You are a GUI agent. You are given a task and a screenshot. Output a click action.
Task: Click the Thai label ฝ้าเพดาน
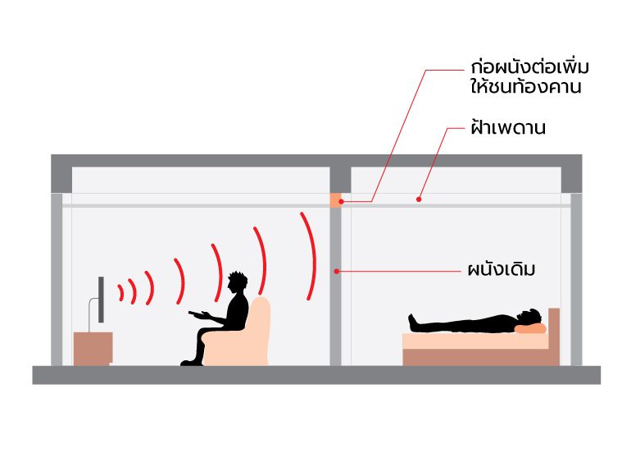pyautogui.click(x=508, y=129)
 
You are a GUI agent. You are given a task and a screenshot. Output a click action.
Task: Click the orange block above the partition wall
pyautogui.click(x=335, y=199)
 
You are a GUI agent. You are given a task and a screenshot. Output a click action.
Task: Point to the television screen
pyautogui.click(x=102, y=300)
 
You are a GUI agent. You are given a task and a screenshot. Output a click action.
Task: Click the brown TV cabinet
pyautogui.click(x=93, y=348)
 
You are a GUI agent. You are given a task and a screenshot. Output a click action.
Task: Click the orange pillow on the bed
pyautogui.click(x=531, y=328)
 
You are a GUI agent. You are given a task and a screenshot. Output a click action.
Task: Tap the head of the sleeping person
pyautogui.click(x=533, y=317)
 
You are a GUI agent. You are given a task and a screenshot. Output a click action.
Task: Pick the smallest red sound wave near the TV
pyautogui.click(x=121, y=291)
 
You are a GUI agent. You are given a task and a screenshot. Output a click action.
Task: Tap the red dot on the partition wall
pyautogui.click(x=336, y=270)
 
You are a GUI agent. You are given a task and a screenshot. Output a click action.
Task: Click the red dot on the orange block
pyautogui.click(x=342, y=201)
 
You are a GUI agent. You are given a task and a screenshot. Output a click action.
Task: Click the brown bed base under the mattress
pyautogui.click(x=479, y=357)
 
